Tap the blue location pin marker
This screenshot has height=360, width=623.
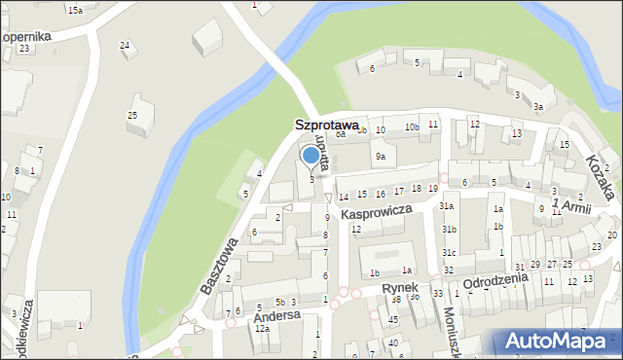pos(311,156)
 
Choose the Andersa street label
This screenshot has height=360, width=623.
pos(274,317)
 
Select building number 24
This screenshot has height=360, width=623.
pos(125,45)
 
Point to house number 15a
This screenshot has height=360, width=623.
pos(75,10)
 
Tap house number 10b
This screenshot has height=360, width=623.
pos(412,127)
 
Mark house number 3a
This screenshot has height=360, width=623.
pos(537,106)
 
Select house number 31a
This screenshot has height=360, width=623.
pos(447,206)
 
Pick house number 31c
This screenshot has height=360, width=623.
pos(449,253)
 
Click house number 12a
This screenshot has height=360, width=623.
pos(262,329)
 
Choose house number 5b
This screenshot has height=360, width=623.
pos(279,302)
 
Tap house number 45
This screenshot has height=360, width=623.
pos(393,319)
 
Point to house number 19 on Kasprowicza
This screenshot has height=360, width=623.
pos(433,189)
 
